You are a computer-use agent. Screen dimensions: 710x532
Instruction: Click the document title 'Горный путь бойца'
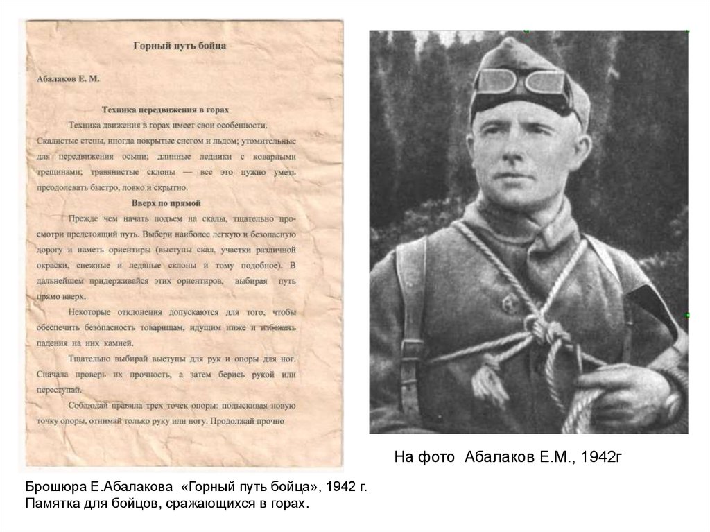pyautogui.click(x=180, y=46)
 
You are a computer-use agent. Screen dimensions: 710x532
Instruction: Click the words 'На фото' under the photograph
pyautogui.click(x=425, y=456)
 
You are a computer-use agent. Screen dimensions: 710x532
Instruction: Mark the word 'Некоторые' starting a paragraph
pyautogui.click(x=95, y=312)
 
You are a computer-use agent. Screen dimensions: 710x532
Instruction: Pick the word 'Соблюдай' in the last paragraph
pyautogui.click(x=93, y=405)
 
